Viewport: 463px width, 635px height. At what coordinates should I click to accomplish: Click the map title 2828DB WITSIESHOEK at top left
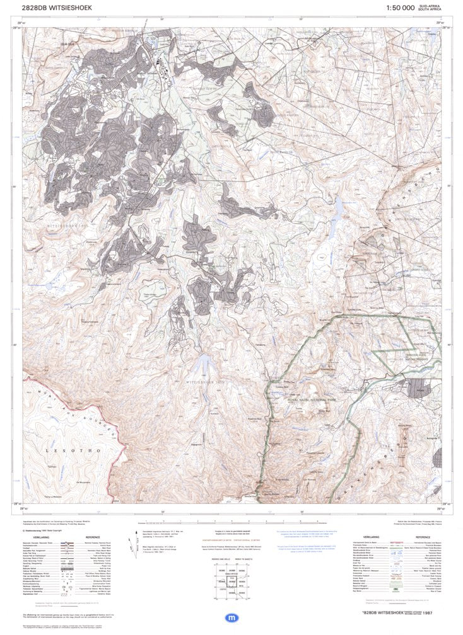click(56, 8)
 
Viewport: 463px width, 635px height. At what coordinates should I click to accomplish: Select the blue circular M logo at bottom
click(231, 618)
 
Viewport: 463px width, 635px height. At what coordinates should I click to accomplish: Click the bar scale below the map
click(231, 523)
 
